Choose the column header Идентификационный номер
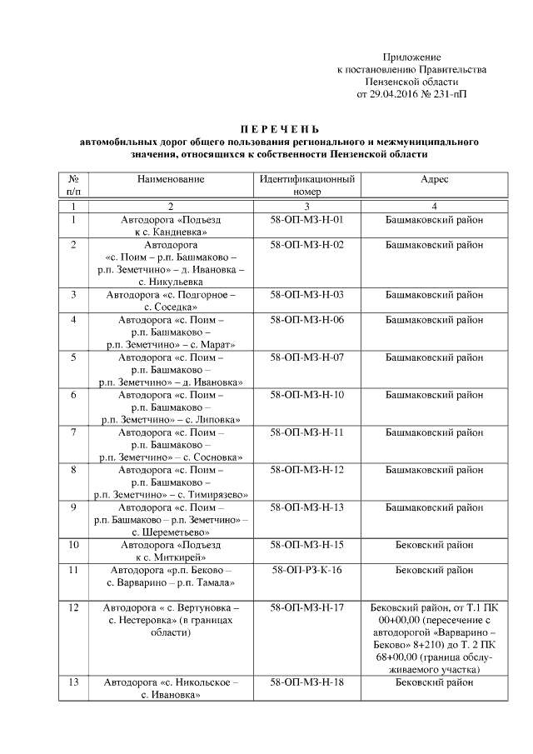[x=307, y=185]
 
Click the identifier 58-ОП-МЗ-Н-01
[x=307, y=220]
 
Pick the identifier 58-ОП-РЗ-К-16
[x=307, y=570]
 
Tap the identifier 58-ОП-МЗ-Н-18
[x=307, y=682]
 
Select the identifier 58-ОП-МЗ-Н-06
[x=307, y=320]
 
